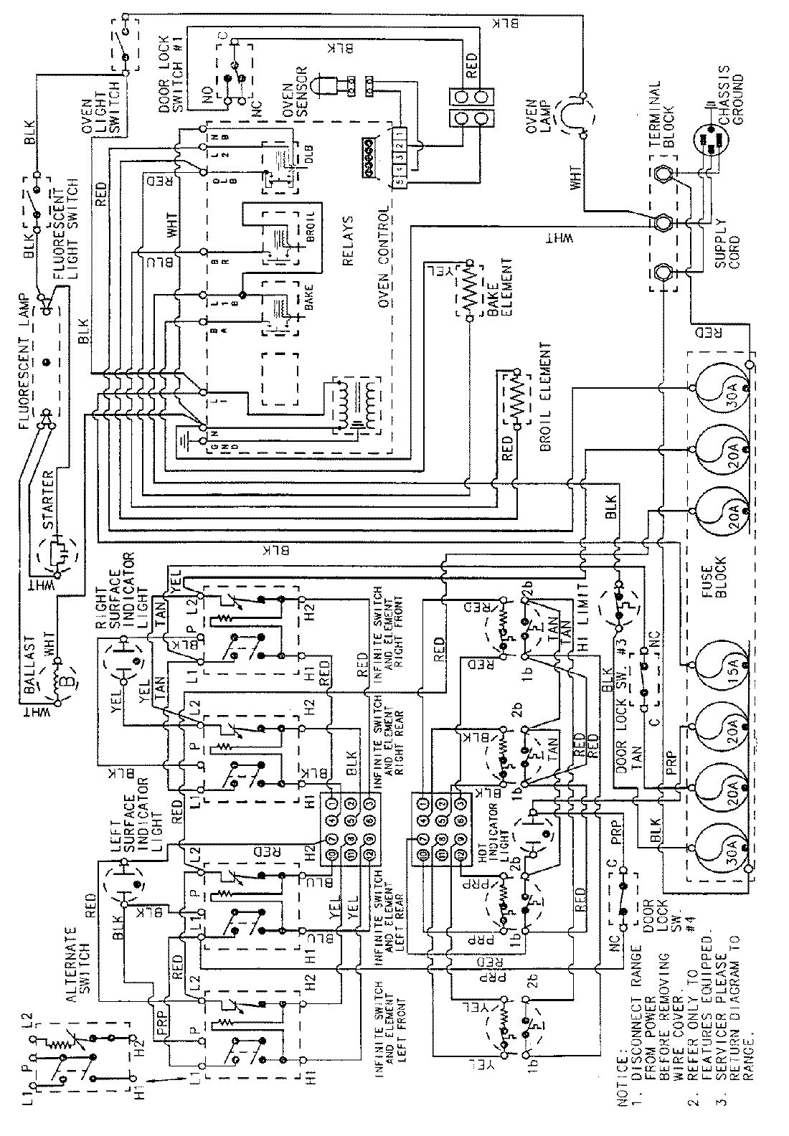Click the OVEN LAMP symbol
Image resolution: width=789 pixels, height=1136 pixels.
tap(580, 113)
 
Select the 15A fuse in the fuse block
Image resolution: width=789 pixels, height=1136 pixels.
tap(719, 664)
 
